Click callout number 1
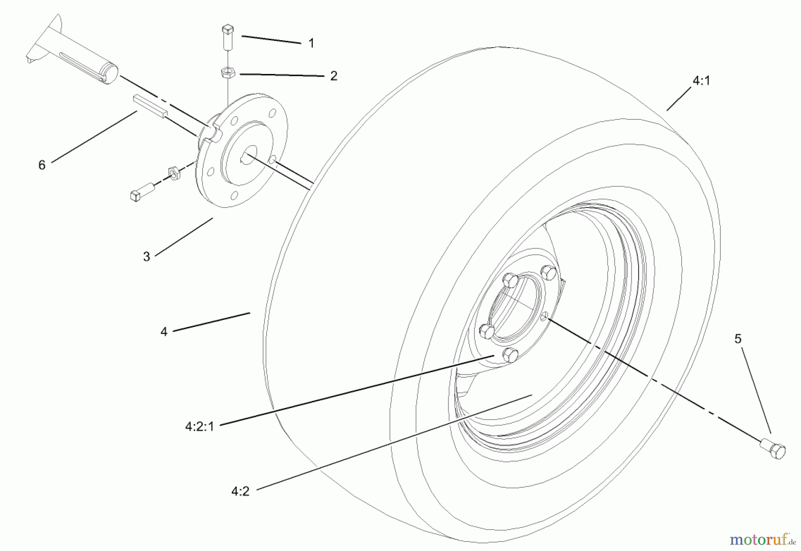[311, 43]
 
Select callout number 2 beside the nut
[333, 76]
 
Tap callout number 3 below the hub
[146, 257]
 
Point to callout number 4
[164, 332]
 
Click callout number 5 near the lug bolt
[738, 339]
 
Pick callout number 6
[42, 165]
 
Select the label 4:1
[701, 81]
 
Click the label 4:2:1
[200, 427]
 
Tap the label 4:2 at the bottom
[240, 491]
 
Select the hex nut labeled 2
[228, 73]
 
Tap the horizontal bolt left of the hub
[141, 192]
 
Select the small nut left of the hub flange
[174, 173]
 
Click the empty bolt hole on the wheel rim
[544, 317]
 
